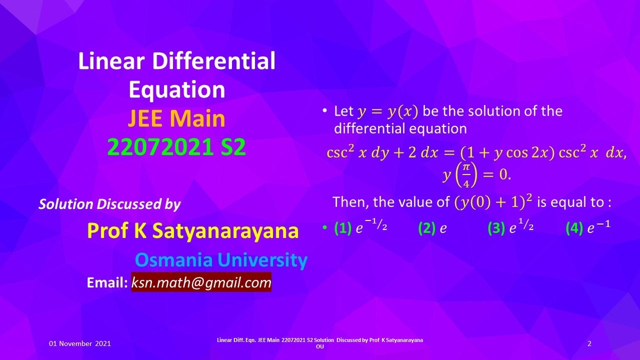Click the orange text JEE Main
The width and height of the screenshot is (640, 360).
point(176,119)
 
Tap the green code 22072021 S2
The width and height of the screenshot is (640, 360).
point(176,147)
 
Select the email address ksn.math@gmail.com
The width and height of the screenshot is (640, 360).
point(201,282)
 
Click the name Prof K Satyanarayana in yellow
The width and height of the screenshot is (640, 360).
point(193,230)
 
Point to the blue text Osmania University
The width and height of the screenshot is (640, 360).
point(221,260)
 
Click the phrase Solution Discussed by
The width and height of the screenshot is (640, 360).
point(109,204)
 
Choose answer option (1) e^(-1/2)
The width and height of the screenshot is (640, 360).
point(360,228)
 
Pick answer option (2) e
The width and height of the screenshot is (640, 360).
point(432,228)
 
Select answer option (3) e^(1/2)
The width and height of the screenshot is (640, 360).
point(510,228)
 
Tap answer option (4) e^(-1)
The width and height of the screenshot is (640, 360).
point(588,228)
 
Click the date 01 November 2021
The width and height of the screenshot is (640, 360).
point(80,343)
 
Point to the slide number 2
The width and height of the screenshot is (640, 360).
point(589,343)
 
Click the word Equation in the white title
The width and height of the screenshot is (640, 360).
point(176,90)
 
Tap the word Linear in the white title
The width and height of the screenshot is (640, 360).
point(111,61)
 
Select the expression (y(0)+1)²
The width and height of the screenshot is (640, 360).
point(493,202)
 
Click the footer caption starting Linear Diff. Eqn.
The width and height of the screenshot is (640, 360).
point(320,343)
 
